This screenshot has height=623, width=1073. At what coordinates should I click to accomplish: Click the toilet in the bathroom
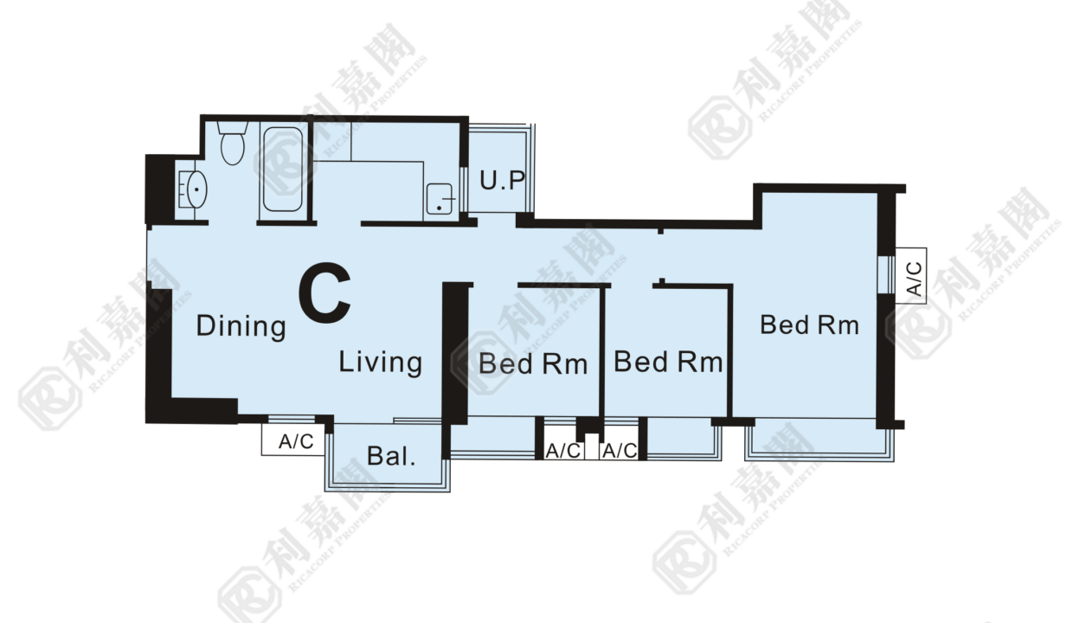233,143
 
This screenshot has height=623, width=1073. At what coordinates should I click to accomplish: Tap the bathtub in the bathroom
283,169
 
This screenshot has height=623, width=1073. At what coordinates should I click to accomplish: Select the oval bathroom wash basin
196,189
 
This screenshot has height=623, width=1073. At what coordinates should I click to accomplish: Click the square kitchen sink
440,199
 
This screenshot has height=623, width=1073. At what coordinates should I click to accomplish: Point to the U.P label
502,181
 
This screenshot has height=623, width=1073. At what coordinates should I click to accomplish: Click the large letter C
324,292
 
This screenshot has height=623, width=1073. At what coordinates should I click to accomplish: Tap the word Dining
241,326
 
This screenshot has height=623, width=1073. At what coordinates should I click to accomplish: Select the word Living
381,363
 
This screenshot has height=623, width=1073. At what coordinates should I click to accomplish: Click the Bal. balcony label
391,456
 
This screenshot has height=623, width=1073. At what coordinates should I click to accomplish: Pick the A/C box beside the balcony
293,440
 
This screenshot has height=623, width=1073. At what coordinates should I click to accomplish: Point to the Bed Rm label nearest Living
533,363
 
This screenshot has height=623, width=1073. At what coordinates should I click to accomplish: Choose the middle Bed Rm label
668,362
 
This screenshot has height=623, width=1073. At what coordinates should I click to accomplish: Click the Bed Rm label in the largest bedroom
810,325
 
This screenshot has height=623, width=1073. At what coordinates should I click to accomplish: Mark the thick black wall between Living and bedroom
455,353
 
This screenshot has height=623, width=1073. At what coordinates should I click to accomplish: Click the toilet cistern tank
232,127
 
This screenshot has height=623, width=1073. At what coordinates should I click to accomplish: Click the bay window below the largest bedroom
819,440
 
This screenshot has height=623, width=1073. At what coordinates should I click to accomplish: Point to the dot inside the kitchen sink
439,208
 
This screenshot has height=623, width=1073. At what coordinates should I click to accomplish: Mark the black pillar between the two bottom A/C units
588,427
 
